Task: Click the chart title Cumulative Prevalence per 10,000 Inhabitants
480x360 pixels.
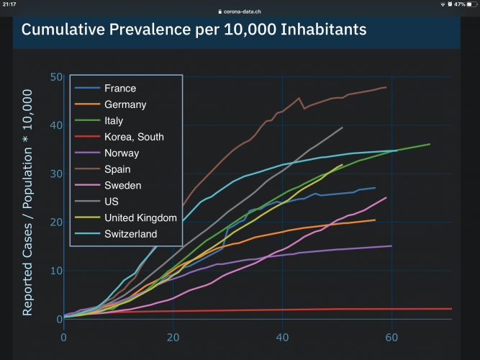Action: click(x=194, y=30)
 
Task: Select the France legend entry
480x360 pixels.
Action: click(x=120, y=89)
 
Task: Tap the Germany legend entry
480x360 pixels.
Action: click(x=124, y=104)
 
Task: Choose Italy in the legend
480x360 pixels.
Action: click(x=114, y=121)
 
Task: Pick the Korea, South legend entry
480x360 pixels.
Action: click(x=134, y=137)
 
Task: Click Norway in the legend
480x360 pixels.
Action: click(x=122, y=153)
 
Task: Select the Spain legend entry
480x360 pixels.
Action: click(x=117, y=169)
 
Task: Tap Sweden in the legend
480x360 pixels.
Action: click(x=123, y=185)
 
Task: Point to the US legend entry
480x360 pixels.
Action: click(x=112, y=202)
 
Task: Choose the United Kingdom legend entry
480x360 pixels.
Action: click(x=140, y=217)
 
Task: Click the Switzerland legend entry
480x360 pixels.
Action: click(x=130, y=234)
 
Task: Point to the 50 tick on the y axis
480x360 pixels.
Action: click(x=55, y=77)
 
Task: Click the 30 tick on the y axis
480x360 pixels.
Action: click(x=55, y=174)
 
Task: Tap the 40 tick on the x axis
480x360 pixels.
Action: click(x=282, y=337)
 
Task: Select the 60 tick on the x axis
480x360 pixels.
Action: click(x=391, y=337)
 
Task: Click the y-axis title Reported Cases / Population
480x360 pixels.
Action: click(x=27, y=202)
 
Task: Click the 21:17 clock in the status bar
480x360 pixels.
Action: click(x=12, y=4)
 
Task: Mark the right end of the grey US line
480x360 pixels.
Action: click(x=343, y=127)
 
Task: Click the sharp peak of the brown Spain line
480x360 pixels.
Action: click(x=299, y=98)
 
